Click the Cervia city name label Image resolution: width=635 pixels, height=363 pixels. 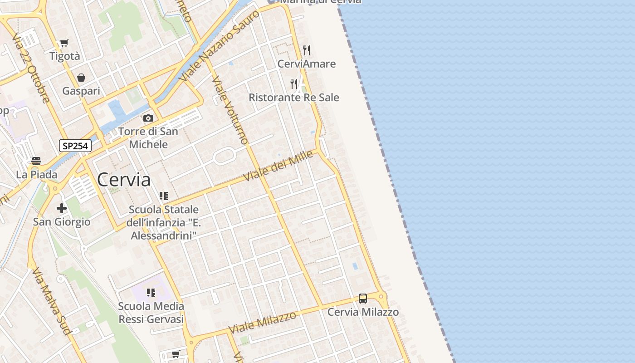(x=123, y=180)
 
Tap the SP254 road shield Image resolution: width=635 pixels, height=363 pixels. (x=75, y=146)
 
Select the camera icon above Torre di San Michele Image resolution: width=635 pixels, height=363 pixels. (x=148, y=118)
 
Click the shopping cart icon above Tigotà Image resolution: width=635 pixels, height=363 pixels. (x=64, y=43)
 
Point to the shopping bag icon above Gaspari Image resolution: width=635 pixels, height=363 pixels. (x=81, y=78)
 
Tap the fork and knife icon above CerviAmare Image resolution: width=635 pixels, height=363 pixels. (x=307, y=50)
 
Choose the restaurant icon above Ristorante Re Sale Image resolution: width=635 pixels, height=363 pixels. (x=294, y=83)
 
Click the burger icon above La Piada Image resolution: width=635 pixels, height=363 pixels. (x=36, y=161)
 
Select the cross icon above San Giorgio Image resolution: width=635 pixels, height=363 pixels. (x=62, y=208)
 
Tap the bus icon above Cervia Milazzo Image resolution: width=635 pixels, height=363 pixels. (x=363, y=298)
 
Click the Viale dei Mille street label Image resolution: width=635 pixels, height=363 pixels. (x=279, y=166)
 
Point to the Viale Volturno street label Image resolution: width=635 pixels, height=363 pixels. (x=231, y=110)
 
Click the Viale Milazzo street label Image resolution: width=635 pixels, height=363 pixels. (x=263, y=322)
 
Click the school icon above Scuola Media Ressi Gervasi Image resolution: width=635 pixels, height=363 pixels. (x=151, y=293)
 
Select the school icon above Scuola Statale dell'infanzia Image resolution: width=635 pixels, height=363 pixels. (x=164, y=196)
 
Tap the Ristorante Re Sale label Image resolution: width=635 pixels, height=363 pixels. (x=294, y=98)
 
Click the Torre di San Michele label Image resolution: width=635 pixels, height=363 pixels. (x=148, y=138)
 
